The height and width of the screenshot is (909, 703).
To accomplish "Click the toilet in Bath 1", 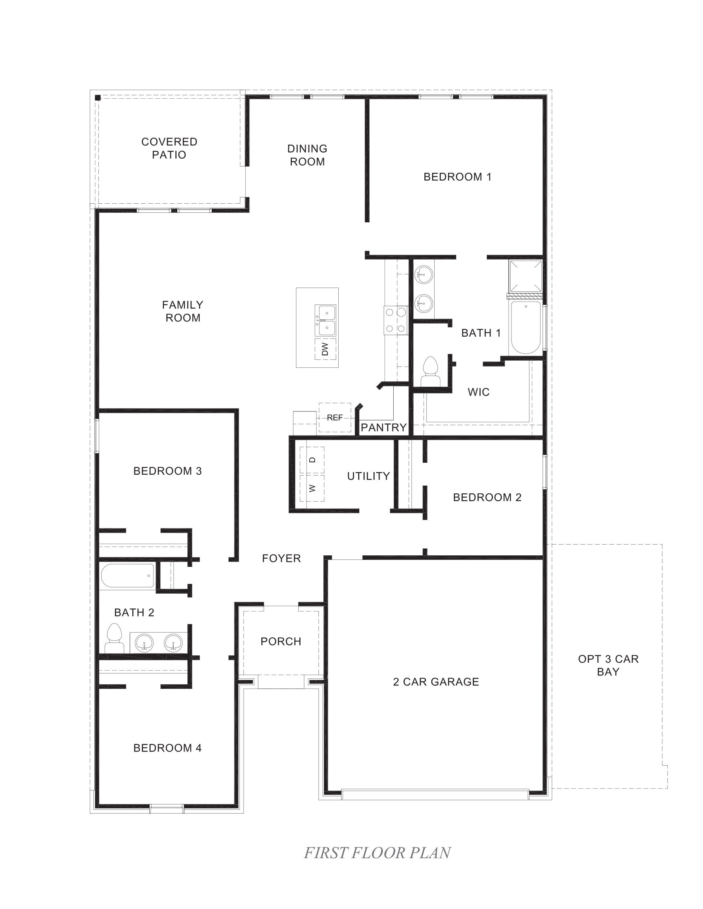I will [x=430, y=371].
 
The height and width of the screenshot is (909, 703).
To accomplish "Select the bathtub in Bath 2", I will [x=127, y=576].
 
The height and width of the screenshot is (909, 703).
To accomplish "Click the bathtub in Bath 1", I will [x=526, y=328].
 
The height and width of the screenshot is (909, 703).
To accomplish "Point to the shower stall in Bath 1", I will [x=526, y=276].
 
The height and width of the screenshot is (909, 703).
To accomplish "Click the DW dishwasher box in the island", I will [x=325, y=349].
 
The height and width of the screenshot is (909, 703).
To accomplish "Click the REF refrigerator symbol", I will [x=335, y=417].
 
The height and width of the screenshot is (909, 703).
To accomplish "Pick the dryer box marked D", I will [x=312, y=460].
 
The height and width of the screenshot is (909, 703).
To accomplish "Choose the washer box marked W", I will [x=312, y=488].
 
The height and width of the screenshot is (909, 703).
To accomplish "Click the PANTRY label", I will [x=384, y=428].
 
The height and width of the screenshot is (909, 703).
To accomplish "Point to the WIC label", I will [x=478, y=392].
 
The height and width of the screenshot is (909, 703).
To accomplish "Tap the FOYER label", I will [x=282, y=559].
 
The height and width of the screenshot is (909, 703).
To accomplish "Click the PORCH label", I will [x=281, y=641].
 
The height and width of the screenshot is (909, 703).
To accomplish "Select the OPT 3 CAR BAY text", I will [x=608, y=665].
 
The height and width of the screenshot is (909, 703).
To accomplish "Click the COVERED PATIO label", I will [x=169, y=148].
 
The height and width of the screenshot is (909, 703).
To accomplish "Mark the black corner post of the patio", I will [x=98, y=98].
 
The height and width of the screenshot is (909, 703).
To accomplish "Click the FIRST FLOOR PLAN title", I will [x=377, y=853].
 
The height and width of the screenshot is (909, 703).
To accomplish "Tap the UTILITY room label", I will [x=368, y=476].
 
